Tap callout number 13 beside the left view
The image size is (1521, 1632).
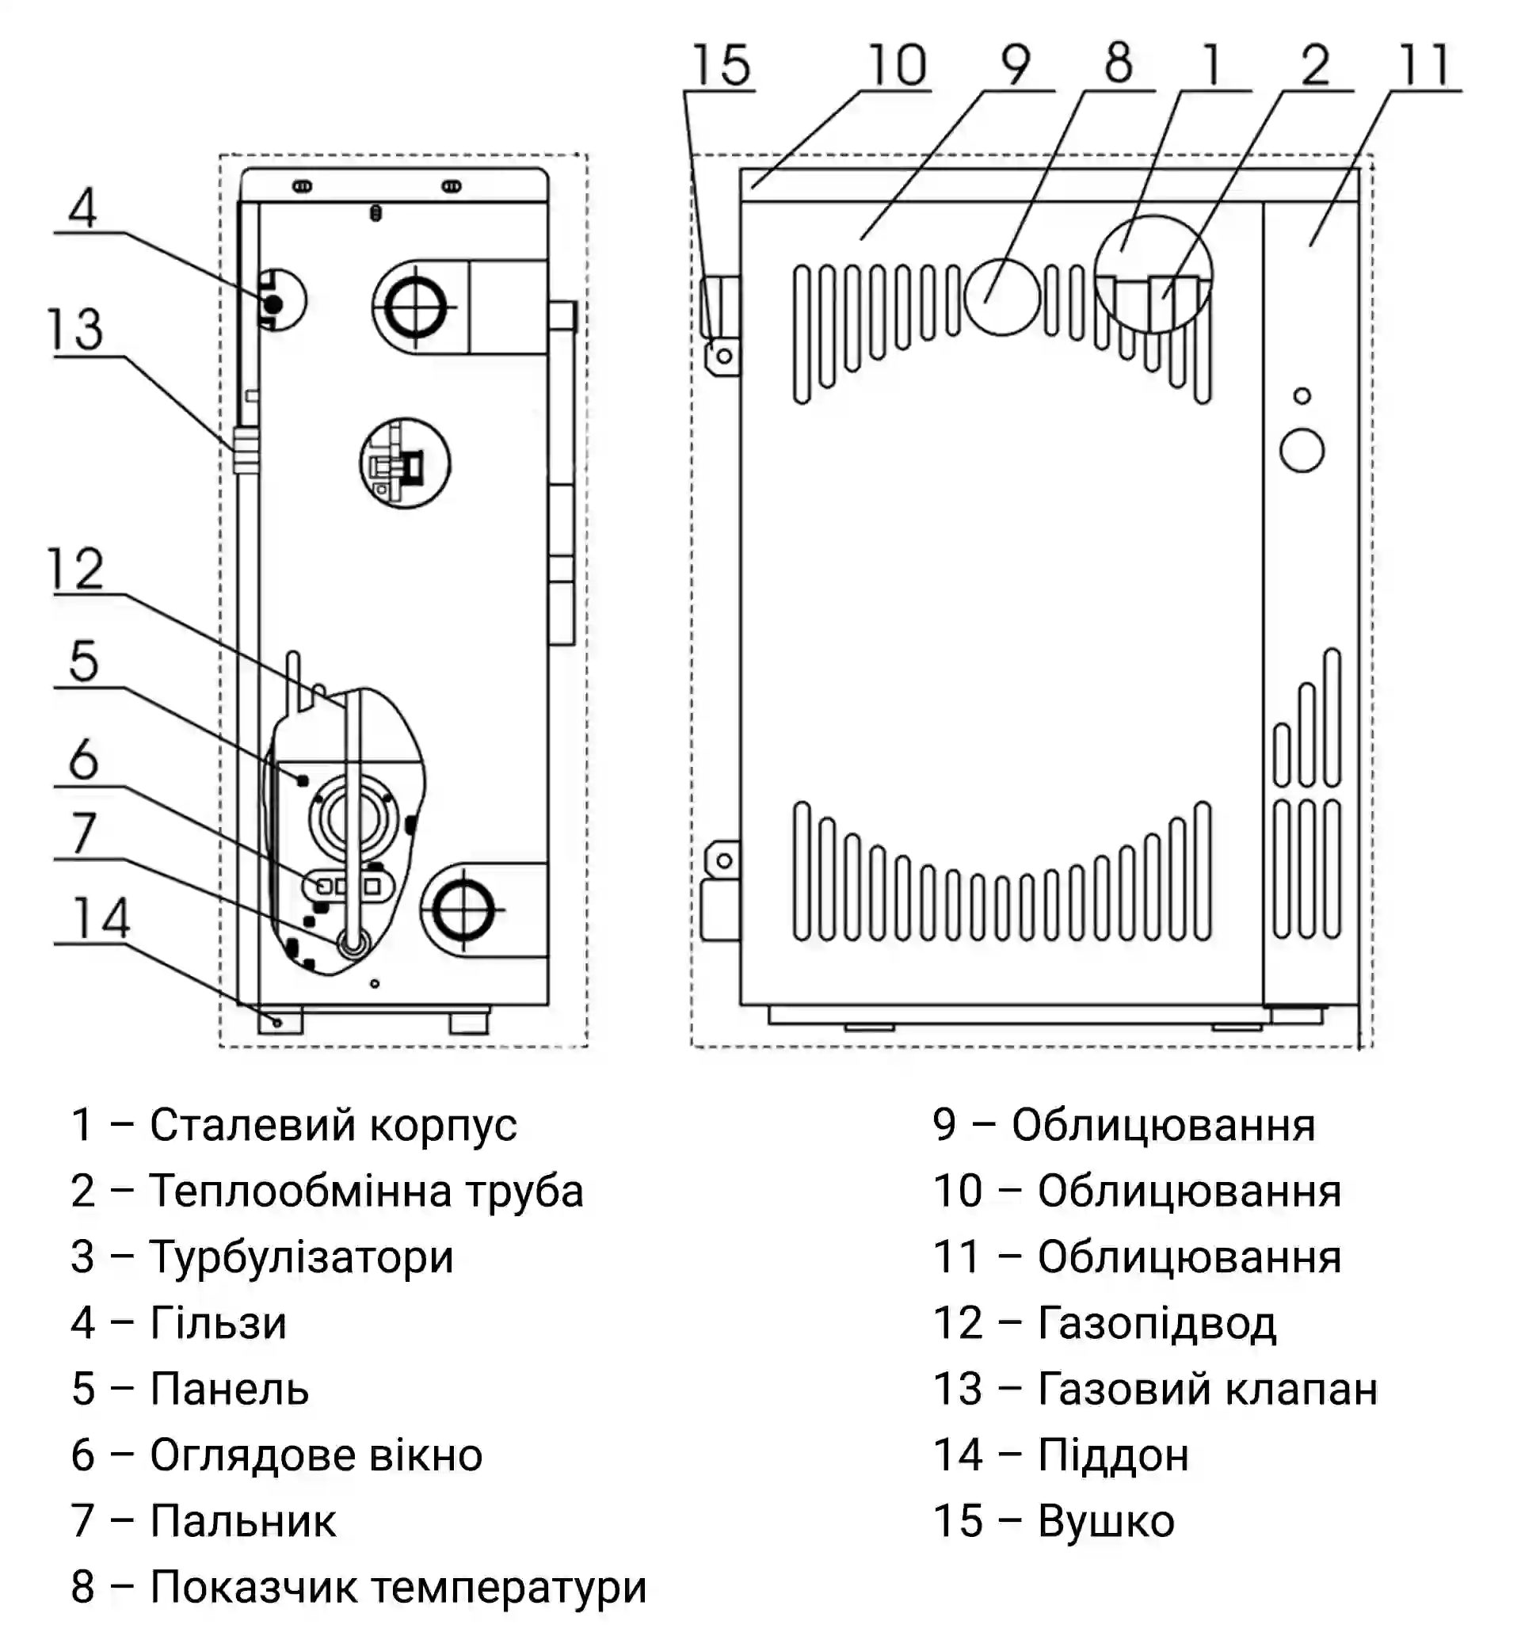click(x=74, y=330)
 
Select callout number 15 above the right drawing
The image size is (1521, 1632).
click(x=721, y=65)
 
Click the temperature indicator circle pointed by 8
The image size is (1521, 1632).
click(x=1001, y=296)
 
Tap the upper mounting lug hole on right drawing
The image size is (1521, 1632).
click(x=724, y=357)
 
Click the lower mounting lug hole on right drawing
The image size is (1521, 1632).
click(x=724, y=860)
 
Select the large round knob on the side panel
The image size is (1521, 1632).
click(x=1302, y=451)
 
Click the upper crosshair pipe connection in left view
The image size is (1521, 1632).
click(x=415, y=308)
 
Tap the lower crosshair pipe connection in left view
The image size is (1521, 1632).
click(x=463, y=909)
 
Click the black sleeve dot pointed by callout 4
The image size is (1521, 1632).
click(x=273, y=304)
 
